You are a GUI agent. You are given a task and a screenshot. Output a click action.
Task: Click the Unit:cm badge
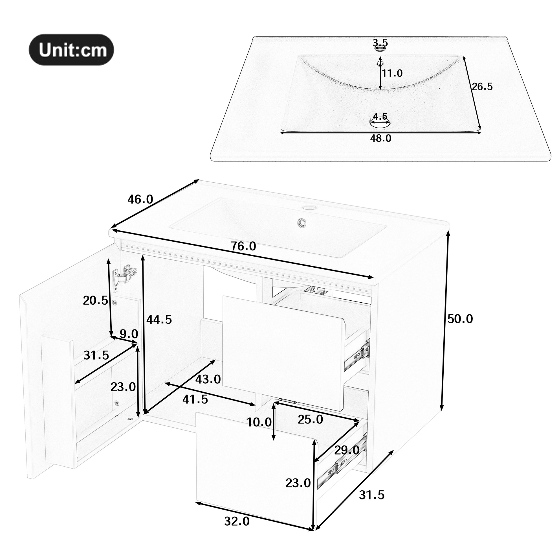click(71, 50)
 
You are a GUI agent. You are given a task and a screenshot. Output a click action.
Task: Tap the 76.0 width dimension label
click(243, 246)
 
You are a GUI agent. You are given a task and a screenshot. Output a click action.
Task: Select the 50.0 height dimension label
click(460, 319)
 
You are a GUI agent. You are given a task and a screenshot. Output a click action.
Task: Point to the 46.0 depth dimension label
click(140, 199)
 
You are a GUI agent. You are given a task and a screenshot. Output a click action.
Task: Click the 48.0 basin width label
click(381, 138)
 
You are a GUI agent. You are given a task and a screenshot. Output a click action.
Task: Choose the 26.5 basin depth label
click(482, 86)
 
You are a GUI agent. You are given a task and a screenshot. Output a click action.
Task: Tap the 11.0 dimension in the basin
click(392, 73)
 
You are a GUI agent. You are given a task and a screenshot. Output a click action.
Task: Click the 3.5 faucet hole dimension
click(380, 43)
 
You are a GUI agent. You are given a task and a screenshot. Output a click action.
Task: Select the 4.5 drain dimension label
click(380, 116)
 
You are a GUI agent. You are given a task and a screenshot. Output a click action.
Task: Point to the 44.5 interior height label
click(159, 320)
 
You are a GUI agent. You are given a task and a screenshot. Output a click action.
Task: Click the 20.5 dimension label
click(96, 300)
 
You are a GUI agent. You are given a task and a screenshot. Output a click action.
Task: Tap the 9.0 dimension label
click(129, 334)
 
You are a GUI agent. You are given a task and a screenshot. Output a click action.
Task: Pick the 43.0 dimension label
click(208, 379)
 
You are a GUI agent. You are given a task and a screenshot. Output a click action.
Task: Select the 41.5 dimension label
click(195, 399)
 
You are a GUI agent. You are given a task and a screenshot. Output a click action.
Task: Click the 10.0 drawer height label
click(259, 422)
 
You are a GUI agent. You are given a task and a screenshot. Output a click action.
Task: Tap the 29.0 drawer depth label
click(347, 450)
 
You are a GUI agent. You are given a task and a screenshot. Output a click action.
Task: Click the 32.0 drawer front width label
click(237, 521)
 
